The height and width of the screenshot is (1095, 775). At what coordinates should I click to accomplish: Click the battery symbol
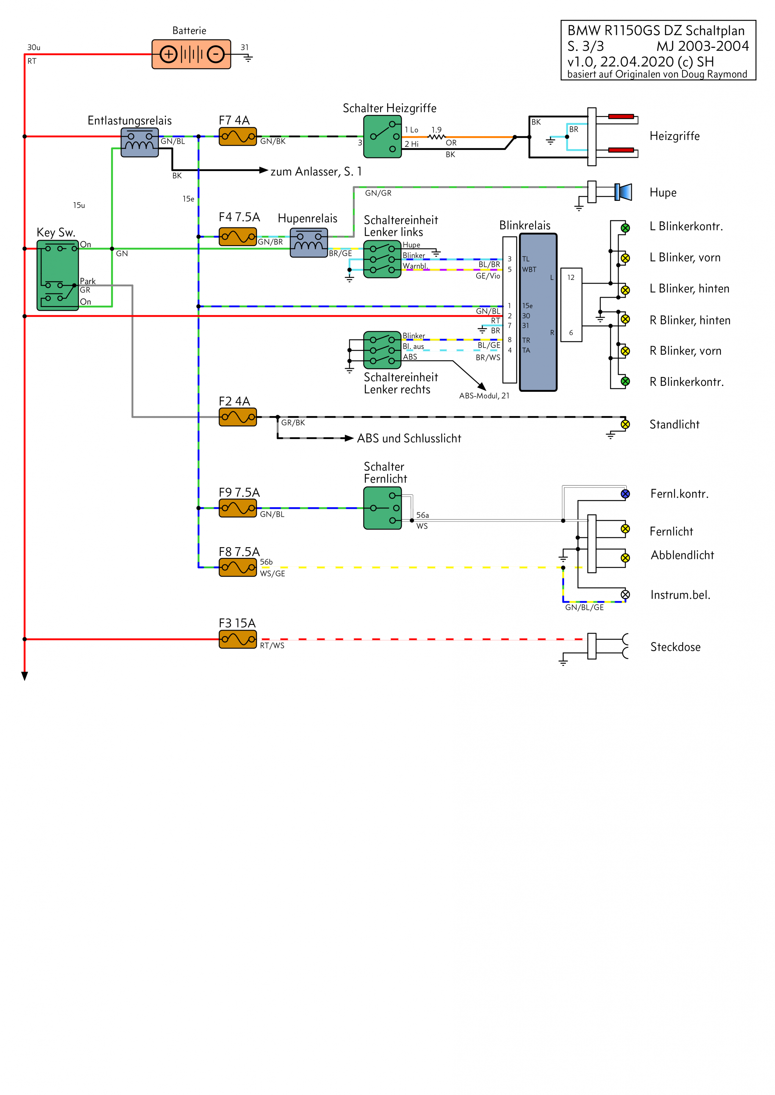191,54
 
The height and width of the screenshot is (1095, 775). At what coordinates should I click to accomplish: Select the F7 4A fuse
238,137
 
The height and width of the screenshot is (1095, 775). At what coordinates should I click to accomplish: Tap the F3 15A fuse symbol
238,639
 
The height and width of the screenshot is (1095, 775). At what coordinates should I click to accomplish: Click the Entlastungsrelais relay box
139,142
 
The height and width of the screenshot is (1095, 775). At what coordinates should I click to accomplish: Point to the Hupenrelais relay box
309,242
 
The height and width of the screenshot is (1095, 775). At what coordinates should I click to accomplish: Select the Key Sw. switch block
58,276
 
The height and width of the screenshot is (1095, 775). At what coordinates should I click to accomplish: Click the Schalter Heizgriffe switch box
382,137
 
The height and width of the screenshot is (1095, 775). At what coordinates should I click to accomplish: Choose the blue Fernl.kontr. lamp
625,494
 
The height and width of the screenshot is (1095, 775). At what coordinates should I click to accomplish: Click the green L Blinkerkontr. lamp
625,228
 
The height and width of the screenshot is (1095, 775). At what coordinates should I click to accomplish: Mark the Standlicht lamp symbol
625,424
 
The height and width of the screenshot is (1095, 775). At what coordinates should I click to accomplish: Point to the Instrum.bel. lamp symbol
625,595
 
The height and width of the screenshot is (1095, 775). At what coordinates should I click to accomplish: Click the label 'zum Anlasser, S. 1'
316,172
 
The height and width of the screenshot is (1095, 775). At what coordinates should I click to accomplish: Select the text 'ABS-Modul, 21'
484,396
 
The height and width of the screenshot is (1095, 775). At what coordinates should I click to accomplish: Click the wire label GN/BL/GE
584,608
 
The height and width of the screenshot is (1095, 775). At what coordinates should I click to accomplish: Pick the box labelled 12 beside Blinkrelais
571,305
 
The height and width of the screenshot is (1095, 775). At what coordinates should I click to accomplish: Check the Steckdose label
675,647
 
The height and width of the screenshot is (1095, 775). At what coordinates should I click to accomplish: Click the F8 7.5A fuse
238,568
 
